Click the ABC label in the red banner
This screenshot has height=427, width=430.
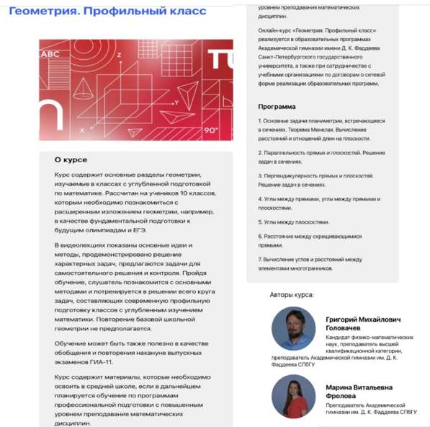tap(52, 54)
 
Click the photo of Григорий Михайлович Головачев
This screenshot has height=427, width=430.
tap(293, 329)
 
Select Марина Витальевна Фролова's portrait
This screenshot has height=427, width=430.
tap(293, 396)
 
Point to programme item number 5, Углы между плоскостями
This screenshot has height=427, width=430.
tap(295, 222)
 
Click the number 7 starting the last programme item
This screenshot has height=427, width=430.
tap(259, 259)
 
